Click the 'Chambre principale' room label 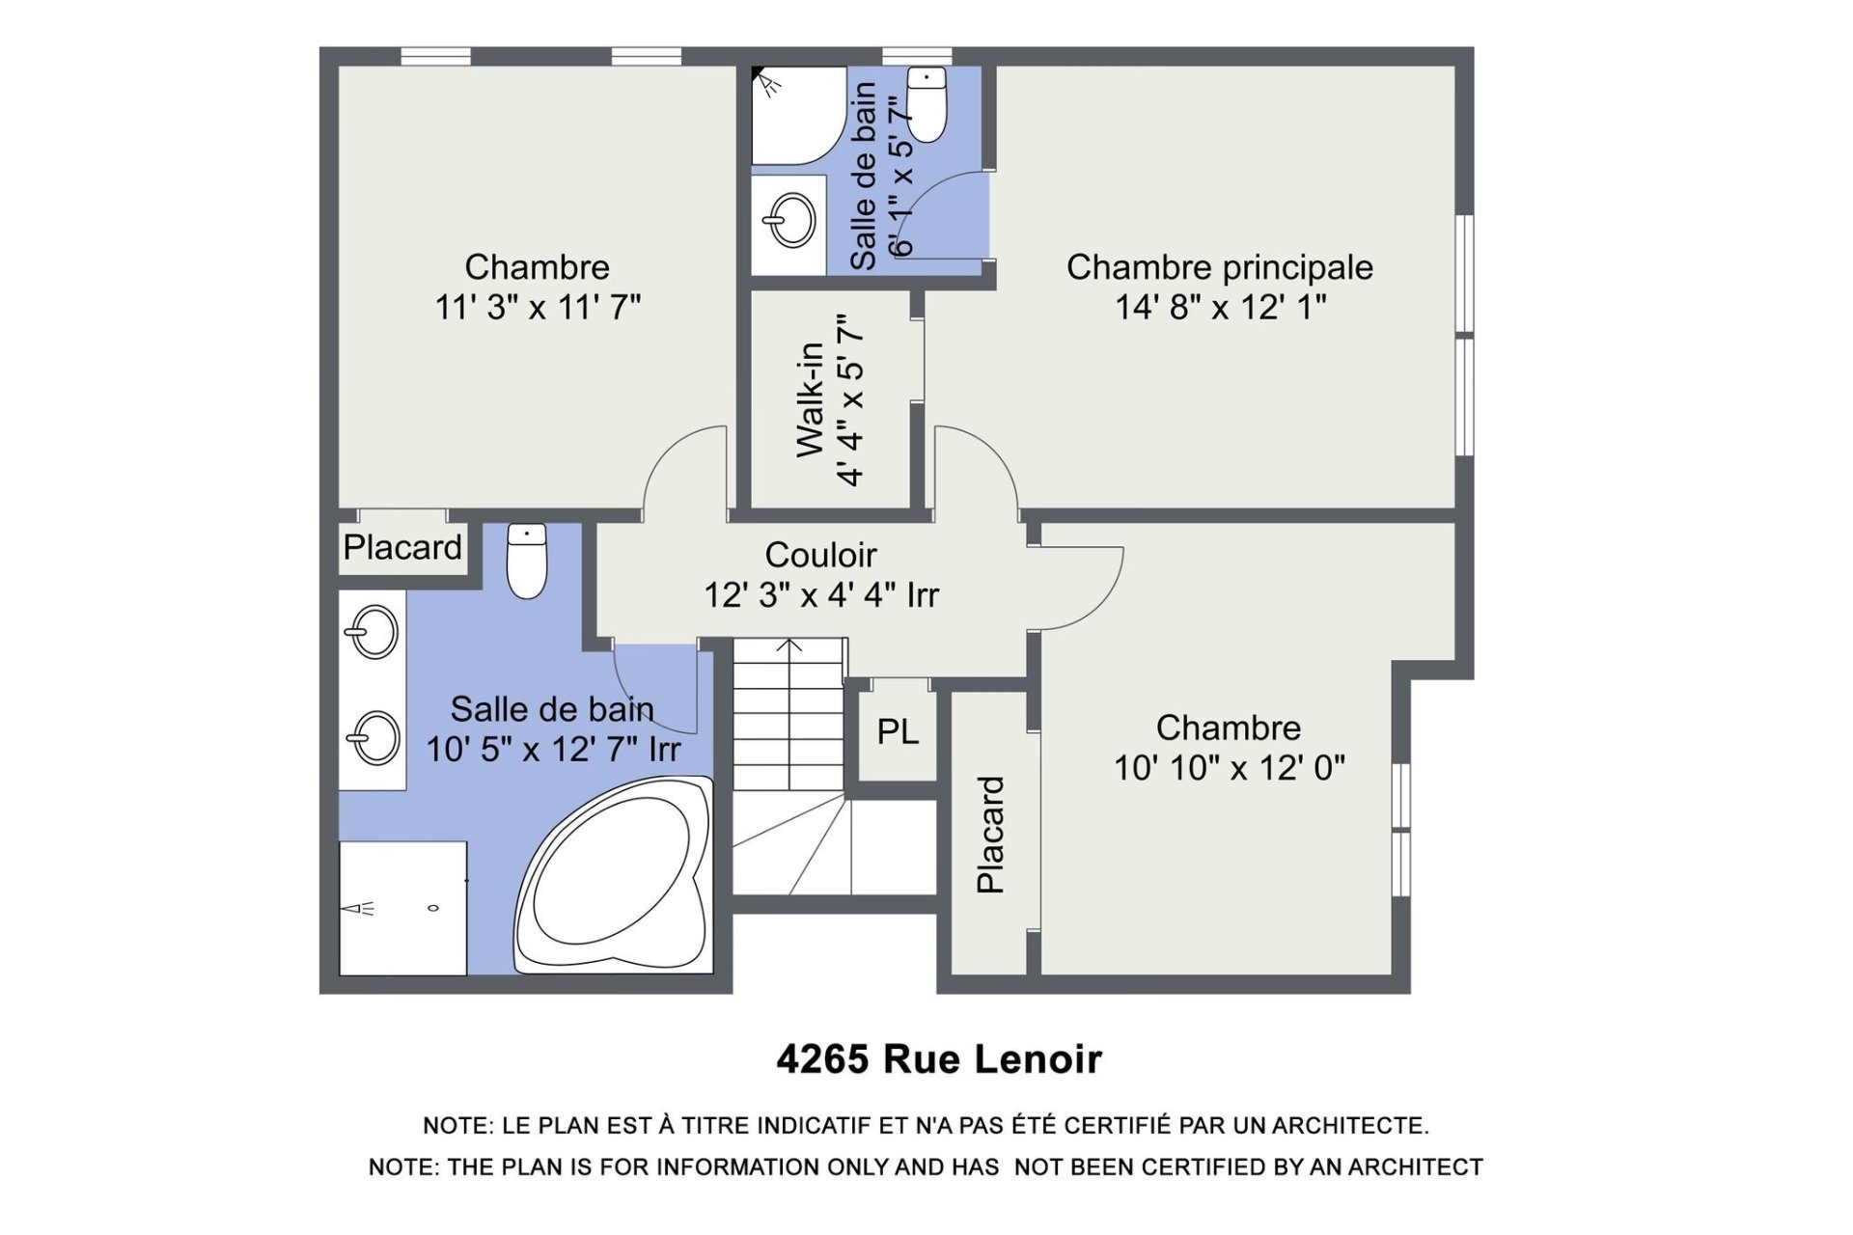coord(1219,267)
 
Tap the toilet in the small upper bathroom coord(926,105)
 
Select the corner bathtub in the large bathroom coord(615,875)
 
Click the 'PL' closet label coord(898,732)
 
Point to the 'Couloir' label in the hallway coord(820,555)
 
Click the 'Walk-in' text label coord(811,399)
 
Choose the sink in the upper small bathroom coord(790,221)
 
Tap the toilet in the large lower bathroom coord(527,561)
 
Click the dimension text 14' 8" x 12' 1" coord(1221,308)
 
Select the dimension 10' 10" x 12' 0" coord(1230,768)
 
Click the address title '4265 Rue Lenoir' coord(939,1059)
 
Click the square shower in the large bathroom coord(403,908)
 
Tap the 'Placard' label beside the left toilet coord(402,547)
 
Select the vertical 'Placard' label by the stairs coord(991,835)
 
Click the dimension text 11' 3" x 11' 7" coord(538,308)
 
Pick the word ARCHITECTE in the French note coord(1350,1126)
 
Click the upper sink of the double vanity coord(373,631)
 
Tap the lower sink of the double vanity coord(373,737)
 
